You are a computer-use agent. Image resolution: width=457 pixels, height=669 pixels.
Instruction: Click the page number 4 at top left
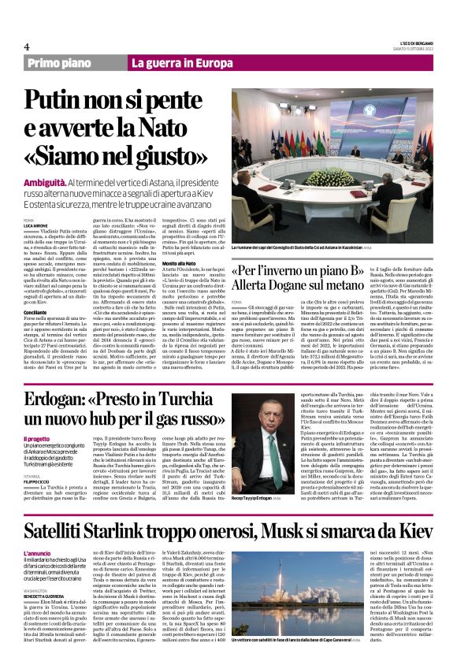[27, 46]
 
